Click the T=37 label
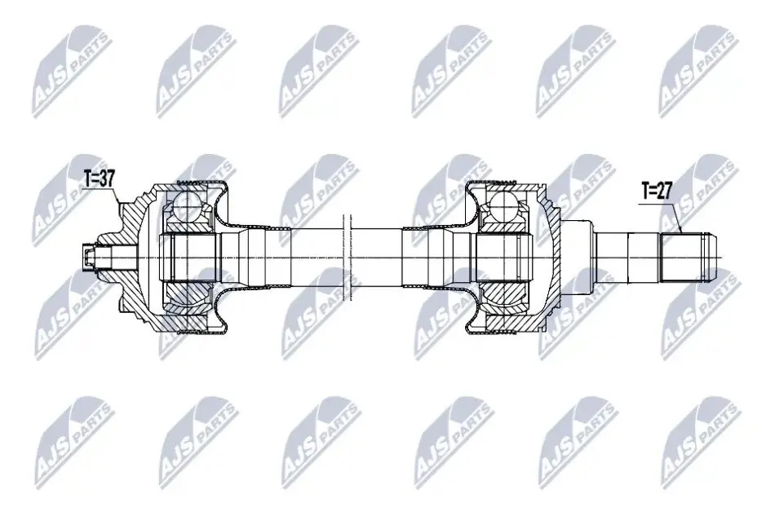(99, 179)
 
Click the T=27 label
(657, 190)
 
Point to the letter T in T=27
(645, 190)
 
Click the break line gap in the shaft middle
(347, 257)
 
